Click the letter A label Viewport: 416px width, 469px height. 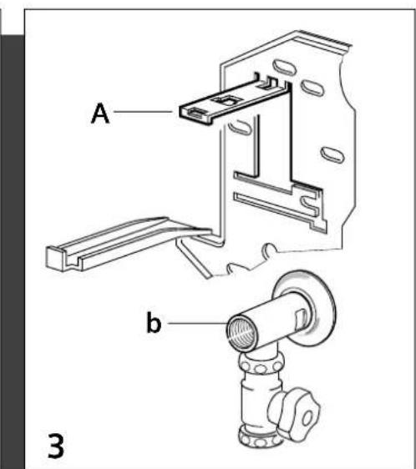[100, 113]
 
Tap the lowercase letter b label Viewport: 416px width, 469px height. [154, 322]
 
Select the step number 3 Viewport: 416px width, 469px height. [56, 445]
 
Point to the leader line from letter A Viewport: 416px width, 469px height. [143, 112]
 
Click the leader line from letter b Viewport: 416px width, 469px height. [198, 323]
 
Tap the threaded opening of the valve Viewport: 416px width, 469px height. [241, 333]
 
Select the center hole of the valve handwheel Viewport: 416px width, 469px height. [308, 418]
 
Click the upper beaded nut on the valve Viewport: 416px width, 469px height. [261, 363]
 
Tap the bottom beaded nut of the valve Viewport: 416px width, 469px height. [260, 436]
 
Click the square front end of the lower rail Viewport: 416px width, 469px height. [56, 259]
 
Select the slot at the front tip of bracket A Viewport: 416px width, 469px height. [196, 113]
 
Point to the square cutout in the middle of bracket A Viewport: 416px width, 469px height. [226, 101]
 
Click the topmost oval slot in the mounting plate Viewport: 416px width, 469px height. [284, 67]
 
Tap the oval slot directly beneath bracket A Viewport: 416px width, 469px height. [240, 127]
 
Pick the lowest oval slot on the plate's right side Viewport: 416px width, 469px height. [332, 155]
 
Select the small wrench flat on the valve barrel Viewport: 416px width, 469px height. [301, 318]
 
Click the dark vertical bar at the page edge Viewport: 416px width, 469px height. [12, 251]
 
